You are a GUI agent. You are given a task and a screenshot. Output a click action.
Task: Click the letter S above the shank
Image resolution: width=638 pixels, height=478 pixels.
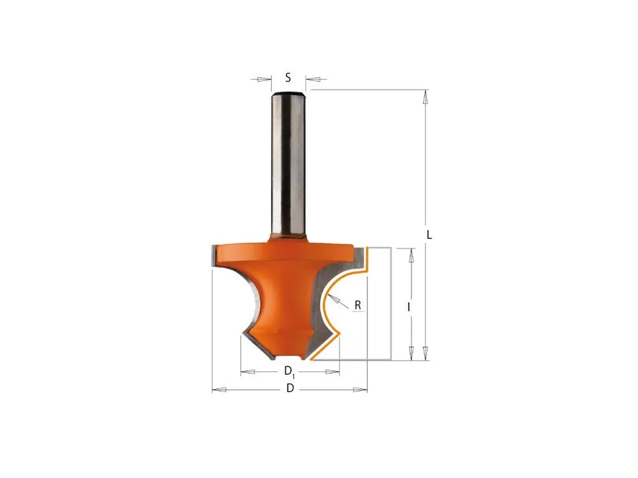point(288,77)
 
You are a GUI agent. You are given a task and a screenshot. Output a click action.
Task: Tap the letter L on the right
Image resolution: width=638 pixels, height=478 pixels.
point(429,235)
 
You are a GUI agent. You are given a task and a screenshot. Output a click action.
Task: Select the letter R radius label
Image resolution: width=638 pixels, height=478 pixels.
point(358,305)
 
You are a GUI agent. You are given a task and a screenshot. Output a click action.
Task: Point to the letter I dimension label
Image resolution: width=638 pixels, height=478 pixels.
point(409,308)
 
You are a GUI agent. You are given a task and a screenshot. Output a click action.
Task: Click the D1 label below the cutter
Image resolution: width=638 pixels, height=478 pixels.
point(289,371)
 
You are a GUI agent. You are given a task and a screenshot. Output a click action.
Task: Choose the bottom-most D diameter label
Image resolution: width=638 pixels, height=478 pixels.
point(290,389)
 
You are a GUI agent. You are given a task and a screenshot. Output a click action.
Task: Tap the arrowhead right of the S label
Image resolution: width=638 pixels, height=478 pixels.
point(313,79)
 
